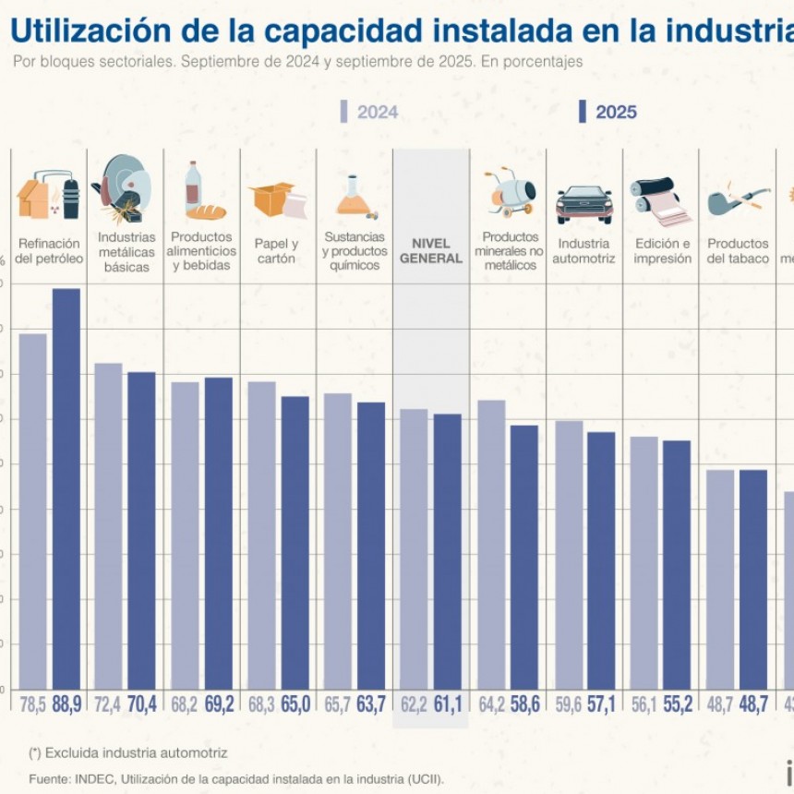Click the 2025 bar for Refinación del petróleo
[66, 488]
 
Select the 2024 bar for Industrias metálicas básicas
[108, 525]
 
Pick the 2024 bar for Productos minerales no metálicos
[491, 544]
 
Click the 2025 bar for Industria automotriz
[601, 560]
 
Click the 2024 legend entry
[369, 112]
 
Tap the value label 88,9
[66, 704]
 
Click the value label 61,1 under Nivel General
[448, 704]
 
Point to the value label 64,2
[491, 704]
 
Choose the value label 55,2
[677, 704]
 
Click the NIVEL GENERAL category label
[430, 251]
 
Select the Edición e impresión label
[662, 251]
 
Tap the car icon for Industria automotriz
[583, 203]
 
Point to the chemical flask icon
[354, 197]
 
